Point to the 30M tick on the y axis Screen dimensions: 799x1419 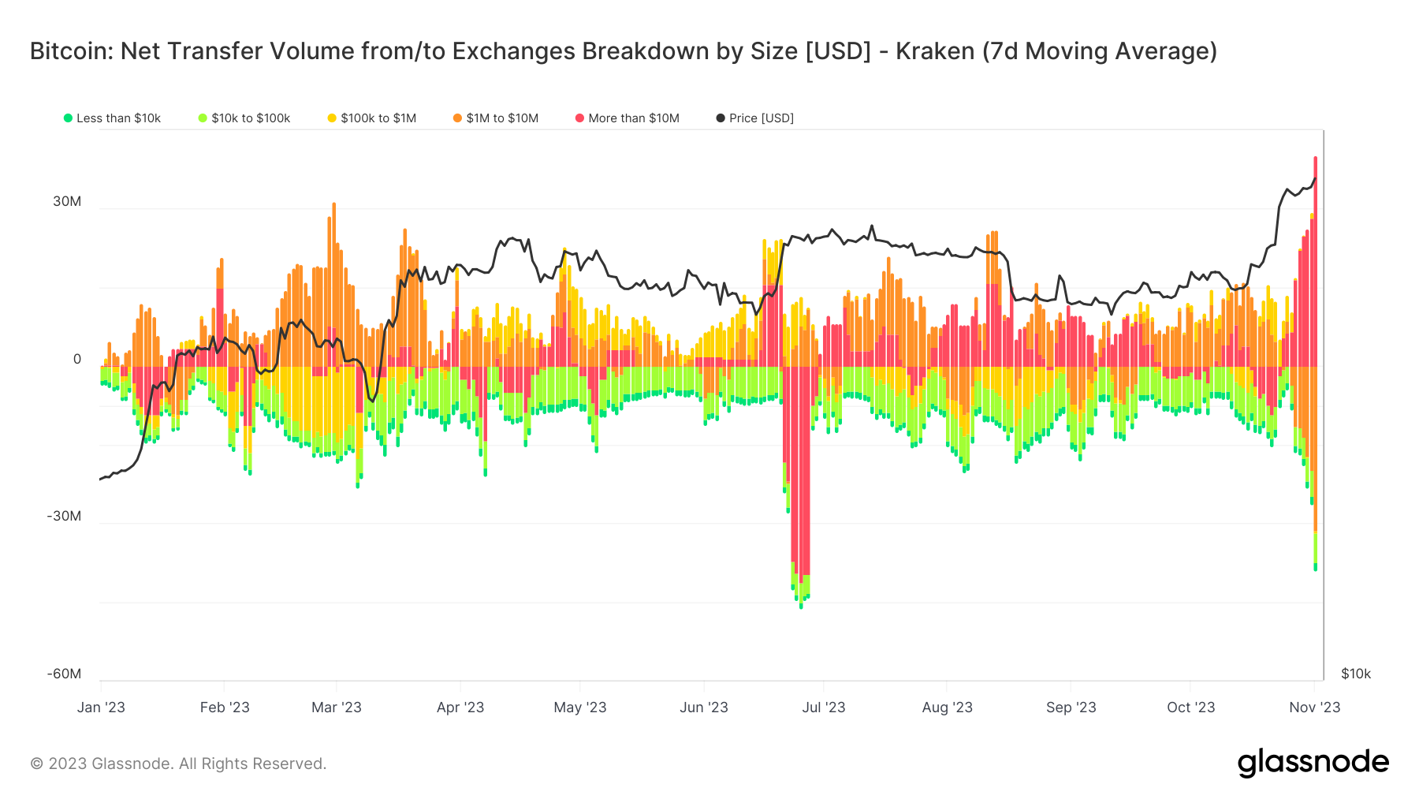67,201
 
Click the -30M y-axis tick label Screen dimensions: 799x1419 64,516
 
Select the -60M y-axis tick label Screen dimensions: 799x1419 64,674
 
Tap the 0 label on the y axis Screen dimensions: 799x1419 77,359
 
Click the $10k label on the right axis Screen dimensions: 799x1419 1356,674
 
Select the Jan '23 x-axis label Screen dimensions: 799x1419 101,708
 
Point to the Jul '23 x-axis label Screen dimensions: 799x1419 823,708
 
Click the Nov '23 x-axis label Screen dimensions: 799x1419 1314,708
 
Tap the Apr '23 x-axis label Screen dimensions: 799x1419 460,708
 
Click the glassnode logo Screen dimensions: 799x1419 1313,763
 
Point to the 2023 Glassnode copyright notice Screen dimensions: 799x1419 178,764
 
